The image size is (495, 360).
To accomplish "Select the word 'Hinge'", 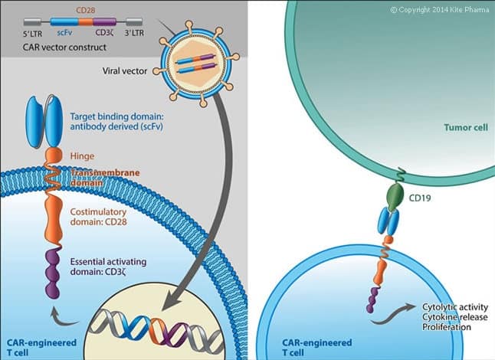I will point(82,155).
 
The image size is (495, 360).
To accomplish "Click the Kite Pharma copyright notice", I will point(439,10).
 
